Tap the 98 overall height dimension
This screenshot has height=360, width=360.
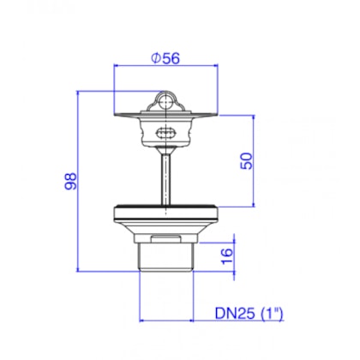tap(72, 182)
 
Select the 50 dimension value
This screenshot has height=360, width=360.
tap(246, 161)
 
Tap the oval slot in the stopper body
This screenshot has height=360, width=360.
tap(165, 132)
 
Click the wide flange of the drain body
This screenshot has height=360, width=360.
tap(165, 211)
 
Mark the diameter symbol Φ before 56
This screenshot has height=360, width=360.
tap(155, 58)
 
